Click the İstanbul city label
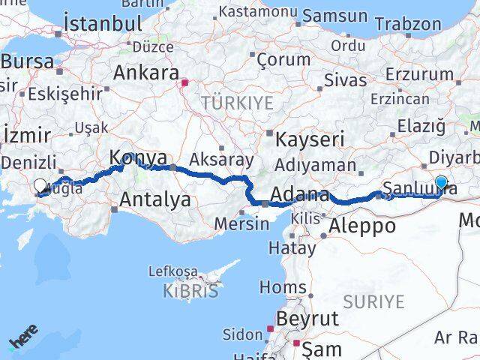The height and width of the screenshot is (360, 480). tap(103, 23)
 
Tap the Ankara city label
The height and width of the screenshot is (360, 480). tap(145, 73)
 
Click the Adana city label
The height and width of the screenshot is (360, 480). tap(299, 196)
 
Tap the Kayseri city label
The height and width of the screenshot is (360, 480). tap(310, 139)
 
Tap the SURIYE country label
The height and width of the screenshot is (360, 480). tap(374, 302)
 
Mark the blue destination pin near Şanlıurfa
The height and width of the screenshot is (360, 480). tap(441, 182)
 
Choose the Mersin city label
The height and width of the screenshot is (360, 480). tap(241, 223)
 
